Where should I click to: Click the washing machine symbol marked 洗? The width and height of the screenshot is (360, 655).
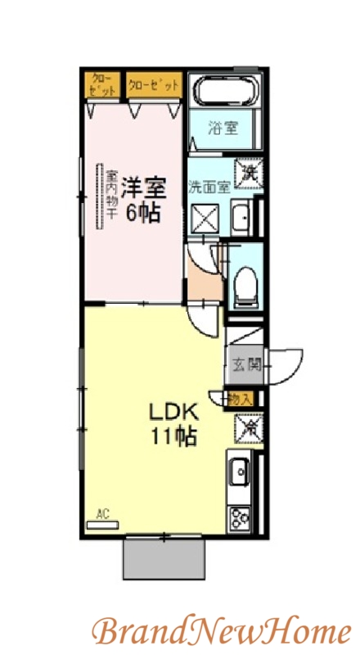248,173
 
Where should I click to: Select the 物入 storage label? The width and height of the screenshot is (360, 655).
241,399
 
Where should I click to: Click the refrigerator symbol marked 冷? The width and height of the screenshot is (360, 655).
247,428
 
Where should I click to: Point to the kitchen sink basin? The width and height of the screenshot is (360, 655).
241,472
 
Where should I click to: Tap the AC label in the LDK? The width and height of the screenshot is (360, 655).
103,515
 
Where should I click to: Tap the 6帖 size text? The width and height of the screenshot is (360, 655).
142,214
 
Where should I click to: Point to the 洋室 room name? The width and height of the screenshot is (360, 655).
144,187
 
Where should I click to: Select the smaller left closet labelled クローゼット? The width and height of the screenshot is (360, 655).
102,84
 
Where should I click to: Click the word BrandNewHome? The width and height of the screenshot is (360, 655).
221,631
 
